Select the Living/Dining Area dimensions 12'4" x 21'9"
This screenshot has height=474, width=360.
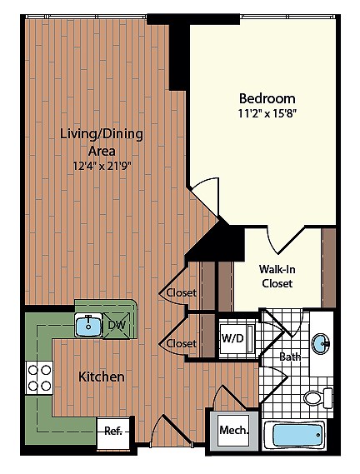point(102,165)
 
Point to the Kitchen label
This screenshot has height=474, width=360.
point(102,377)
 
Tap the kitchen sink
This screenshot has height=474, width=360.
point(87,325)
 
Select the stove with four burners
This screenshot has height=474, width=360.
point(39,377)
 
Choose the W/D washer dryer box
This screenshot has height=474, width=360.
point(233,338)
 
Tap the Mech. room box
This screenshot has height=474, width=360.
point(229,430)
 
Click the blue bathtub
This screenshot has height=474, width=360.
point(293,435)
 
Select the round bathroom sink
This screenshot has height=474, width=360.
point(322,342)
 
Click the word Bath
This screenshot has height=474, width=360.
point(290,357)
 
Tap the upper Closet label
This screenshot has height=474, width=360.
point(181,292)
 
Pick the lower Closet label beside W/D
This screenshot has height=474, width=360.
point(181,343)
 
